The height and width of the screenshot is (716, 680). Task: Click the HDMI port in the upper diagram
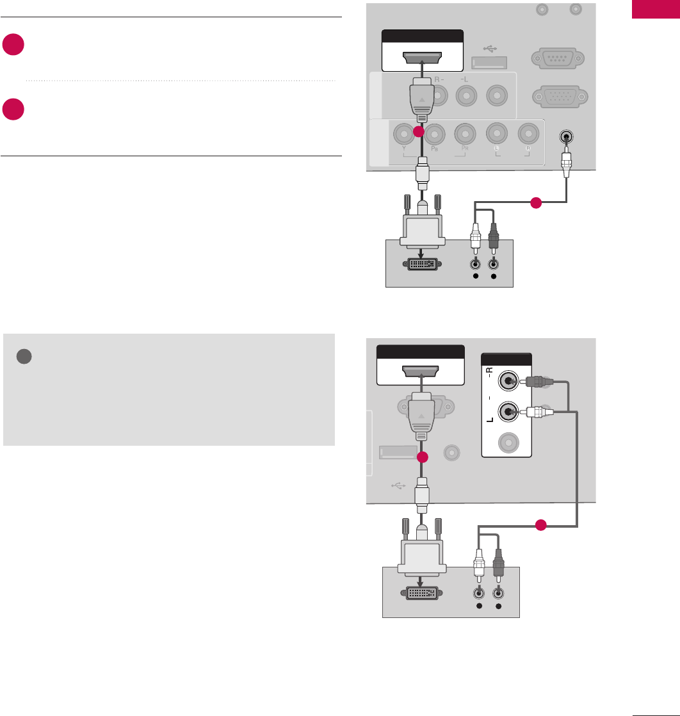423,60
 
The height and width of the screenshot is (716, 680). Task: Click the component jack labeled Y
405,133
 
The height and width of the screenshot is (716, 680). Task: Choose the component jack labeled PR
464,133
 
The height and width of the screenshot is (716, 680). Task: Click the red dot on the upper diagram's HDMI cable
418,132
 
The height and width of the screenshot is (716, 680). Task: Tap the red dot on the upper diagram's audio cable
535,204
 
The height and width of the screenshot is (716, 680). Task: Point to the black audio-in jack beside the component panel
566,136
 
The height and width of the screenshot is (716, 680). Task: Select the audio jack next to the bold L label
508,411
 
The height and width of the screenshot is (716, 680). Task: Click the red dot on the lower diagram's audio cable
541,525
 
